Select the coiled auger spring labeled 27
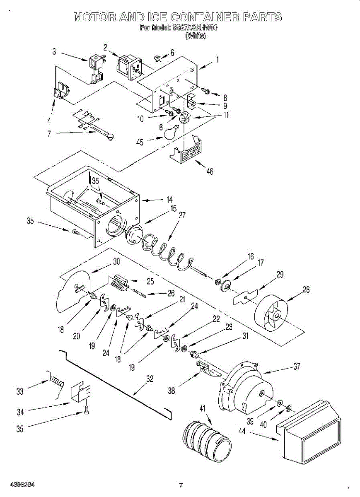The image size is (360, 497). [166, 251]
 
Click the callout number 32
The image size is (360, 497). [150, 378]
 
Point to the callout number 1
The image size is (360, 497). [217, 59]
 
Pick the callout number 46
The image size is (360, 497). [210, 171]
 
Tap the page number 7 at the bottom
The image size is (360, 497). [181, 485]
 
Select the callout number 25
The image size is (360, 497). [150, 282]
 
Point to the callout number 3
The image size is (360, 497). [55, 51]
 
